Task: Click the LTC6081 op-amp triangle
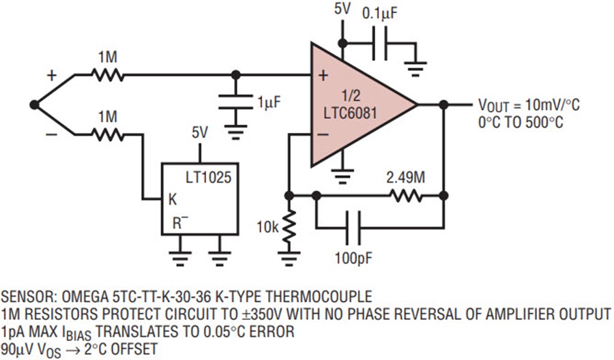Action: click(355, 106)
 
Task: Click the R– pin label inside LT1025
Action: click(179, 222)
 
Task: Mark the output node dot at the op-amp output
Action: click(443, 105)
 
